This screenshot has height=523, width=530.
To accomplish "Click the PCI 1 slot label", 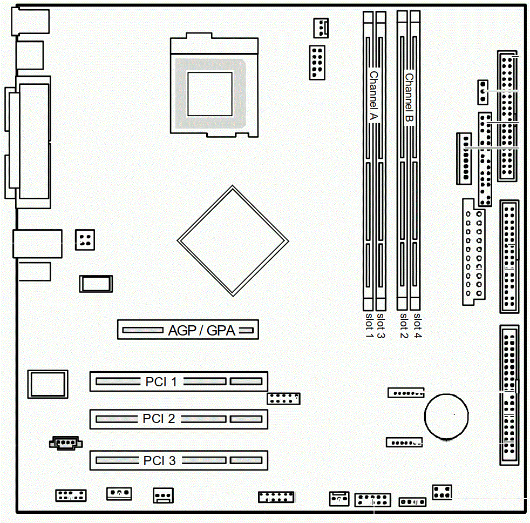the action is click(x=161, y=381).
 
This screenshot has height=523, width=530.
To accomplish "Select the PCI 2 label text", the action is click(x=159, y=419).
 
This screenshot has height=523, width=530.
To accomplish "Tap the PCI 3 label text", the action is click(x=160, y=460).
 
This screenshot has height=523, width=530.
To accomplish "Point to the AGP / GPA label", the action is click(x=202, y=331).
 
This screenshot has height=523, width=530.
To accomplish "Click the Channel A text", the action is click(x=373, y=96).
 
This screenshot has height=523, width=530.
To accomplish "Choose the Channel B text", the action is click(x=409, y=98).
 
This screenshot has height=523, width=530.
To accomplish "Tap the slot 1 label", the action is click(x=369, y=325).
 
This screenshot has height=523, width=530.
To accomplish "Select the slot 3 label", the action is click(x=381, y=325).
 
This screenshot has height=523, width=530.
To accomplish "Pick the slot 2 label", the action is click(x=404, y=325).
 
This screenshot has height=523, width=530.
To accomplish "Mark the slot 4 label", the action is click(x=418, y=325).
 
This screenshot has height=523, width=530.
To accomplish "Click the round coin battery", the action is click(x=446, y=416).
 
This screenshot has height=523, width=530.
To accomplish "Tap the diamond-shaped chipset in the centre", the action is click(x=233, y=241).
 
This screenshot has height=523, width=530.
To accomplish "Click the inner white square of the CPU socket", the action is click(x=210, y=93).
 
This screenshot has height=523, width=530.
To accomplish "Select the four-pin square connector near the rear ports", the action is click(x=85, y=240).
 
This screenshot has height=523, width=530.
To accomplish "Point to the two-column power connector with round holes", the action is click(x=473, y=252).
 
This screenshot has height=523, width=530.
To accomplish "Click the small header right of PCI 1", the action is click(x=283, y=399).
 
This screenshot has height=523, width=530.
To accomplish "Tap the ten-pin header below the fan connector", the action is click(x=317, y=63).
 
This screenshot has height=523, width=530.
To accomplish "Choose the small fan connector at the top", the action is click(x=321, y=28).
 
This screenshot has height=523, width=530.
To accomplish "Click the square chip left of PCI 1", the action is click(x=47, y=384).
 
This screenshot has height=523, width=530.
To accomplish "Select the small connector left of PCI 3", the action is click(x=66, y=443).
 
